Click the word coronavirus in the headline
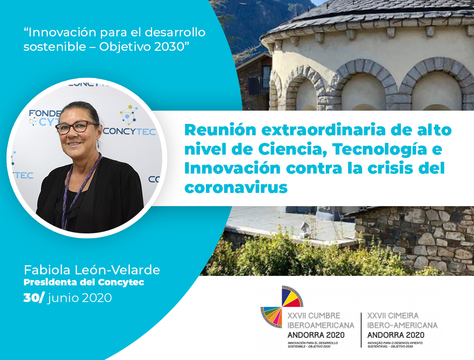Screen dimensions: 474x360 point(236,187)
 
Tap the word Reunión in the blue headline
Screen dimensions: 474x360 point(220,130)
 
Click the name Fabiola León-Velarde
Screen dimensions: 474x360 point(92,270)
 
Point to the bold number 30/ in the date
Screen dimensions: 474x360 point(34,298)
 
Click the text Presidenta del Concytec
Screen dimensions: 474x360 point(84,282)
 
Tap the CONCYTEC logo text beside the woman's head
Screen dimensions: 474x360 point(129,131)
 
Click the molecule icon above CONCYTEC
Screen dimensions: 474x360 point(129,115)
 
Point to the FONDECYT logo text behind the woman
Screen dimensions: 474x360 point(45,117)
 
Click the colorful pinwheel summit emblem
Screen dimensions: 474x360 point(282,307)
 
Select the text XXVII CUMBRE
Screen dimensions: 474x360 point(314,316)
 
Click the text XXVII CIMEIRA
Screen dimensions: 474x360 point(393,316)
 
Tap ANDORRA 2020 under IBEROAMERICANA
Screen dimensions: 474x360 point(316,335)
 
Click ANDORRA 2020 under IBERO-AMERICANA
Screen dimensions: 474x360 point(396,335)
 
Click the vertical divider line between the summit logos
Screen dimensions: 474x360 point(361,330)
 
